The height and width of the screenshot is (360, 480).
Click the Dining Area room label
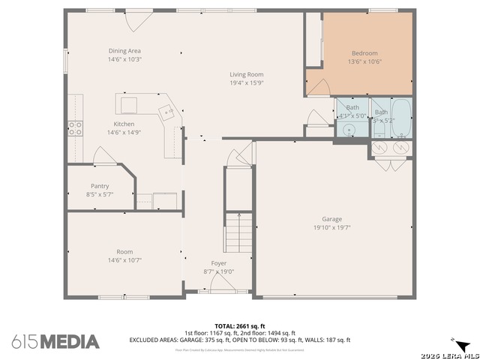click(124, 51)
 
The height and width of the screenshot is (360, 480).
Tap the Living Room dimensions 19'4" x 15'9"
click(246, 83)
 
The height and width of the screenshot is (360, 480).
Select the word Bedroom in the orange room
click(364, 53)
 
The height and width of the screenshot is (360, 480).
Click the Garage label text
click(332, 219)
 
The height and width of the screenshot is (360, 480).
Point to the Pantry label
click(100, 186)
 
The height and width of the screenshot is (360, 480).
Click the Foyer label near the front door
click(218, 263)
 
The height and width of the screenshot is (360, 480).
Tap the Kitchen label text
click(124, 124)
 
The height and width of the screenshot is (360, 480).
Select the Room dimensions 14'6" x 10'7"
click(124, 260)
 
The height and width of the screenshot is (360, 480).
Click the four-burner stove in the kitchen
click(76, 127)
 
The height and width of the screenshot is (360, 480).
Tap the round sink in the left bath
click(349, 130)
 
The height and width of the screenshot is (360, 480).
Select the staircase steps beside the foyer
click(238, 232)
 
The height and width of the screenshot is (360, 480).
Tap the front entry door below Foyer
click(222, 284)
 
